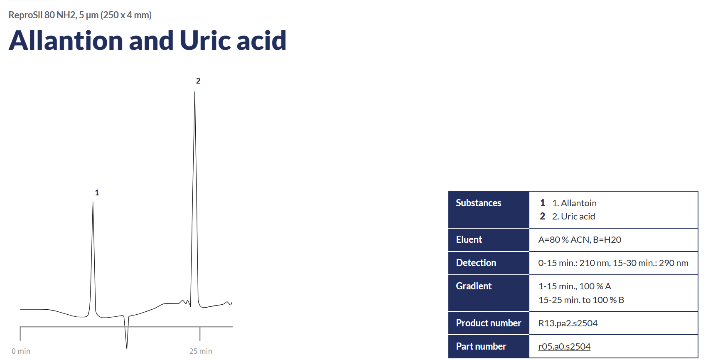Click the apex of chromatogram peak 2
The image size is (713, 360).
click(x=195, y=92)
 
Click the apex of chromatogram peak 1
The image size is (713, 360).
click(x=93, y=202)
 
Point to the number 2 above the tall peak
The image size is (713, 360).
click(x=198, y=81)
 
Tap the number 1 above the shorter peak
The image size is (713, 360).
click(x=97, y=192)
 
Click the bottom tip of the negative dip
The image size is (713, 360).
click(x=127, y=348)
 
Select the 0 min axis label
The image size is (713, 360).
click(x=21, y=351)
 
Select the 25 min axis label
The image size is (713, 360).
click(x=201, y=351)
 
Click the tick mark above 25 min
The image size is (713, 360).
click(x=200, y=334)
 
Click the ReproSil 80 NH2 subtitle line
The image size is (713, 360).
click(x=80, y=15)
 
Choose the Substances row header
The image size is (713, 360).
click(x=479, y=203)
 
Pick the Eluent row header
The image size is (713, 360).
click(x=469, y=239)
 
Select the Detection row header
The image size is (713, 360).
click(x=476, y=263)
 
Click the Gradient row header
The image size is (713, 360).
click(x=474, y=286)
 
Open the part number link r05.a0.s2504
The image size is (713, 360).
click(x=564, y=346)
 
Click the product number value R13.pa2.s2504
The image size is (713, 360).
click(x=568, y=323)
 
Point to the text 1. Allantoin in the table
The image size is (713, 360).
click(x=574, y=203)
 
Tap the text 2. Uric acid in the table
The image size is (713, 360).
click(x=573, y=216)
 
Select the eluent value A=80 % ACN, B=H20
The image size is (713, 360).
click(x=580, y=239)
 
